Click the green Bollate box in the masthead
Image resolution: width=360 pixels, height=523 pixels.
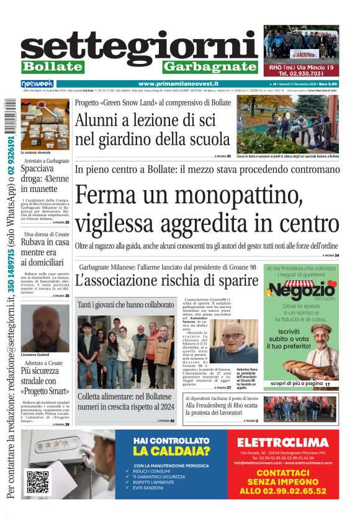pos(52,66)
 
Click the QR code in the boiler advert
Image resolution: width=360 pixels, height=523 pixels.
pos(37,482)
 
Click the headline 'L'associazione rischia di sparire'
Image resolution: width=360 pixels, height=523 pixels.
pos(166,280)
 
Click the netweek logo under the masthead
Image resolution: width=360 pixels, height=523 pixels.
pos(37,84)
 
